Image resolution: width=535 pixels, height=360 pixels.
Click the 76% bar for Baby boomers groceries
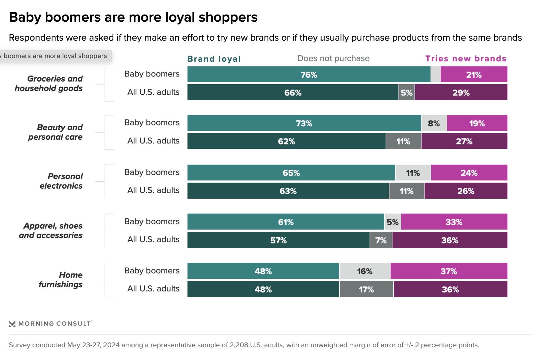(x=309, y=74)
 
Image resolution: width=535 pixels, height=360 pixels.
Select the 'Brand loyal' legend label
(x=214, y=59)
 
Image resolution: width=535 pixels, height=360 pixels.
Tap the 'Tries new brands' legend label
(x=466, y=58)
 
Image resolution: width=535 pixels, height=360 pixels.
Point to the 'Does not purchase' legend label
(x=333, y=58)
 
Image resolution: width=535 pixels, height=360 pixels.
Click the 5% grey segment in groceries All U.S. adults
(x=407, y=93)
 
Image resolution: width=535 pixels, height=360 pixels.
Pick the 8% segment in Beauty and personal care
(x=434, y=123)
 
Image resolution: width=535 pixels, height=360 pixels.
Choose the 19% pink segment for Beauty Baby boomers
(x=477, y=123)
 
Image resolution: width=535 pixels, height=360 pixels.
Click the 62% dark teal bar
(x=286, y=141)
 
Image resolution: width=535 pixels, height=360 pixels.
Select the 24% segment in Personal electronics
(x=469, y=173)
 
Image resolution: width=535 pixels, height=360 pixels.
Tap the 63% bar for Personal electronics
(x=288, y=191)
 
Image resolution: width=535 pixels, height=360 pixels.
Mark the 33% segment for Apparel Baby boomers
(x=454, y=222)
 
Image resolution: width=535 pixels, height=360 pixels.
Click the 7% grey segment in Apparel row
(x=381, y=240)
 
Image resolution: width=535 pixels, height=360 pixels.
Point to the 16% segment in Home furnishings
(x=364, y=271)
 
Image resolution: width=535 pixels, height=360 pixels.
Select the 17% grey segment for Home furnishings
(x=366, y=289)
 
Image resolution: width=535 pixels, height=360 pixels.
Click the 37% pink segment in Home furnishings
(x=449, y=271)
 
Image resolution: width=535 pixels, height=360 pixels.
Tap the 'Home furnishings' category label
(x=61, y=280)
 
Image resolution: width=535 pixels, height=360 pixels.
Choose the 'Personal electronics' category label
(x=61, y=181)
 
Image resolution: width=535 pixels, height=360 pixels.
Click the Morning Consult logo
(x=50, y=324)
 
